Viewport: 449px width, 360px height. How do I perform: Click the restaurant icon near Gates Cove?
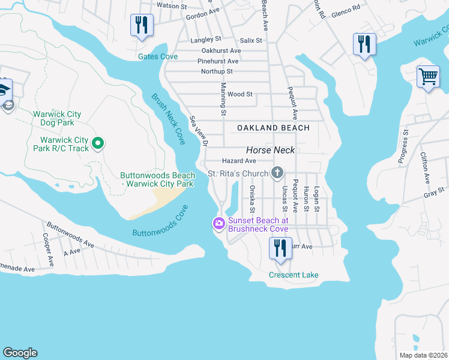(x=142, y=25)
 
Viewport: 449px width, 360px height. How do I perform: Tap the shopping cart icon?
(x=428, y=77)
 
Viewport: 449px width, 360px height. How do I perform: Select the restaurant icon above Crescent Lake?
(x=280, y=247)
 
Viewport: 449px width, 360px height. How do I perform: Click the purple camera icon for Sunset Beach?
(x=218, y=224)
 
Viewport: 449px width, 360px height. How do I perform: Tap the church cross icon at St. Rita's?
(x=277, y=173)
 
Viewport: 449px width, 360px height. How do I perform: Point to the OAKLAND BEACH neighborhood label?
(x=273, y=128)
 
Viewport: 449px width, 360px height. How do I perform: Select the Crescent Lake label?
(x=294, y=275)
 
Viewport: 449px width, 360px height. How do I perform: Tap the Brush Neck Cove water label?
(x=168, y=118)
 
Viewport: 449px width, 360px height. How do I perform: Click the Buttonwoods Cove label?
(x=160, y=221)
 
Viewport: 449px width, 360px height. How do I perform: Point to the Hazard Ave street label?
(x=239, y=161)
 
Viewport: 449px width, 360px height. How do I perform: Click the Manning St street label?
(x=223, y=103)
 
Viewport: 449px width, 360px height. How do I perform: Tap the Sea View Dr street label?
(x=198, y=131)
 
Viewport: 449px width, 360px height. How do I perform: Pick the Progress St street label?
(x=403, y=146)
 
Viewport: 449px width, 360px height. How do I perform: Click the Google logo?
(x=20, y=353)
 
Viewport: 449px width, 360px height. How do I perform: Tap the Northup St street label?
(x=217, y=71)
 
